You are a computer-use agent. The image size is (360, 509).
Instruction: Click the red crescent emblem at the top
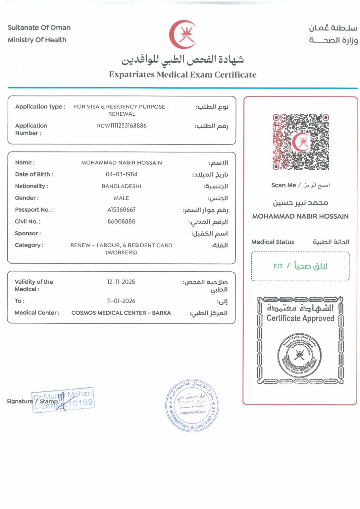click(x=182, y=34)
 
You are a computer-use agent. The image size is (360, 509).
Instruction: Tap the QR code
click(x=301, y=142)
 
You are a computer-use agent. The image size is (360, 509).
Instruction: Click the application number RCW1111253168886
click(x=122, y=126)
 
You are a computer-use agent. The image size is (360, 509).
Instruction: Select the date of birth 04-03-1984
click(x=122, y=174)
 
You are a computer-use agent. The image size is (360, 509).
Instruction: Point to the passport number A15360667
click(x=122, y=210)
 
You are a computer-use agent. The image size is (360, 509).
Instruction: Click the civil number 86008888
click(x=122, y=221)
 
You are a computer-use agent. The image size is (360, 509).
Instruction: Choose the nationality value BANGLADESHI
click(x=122, y=186)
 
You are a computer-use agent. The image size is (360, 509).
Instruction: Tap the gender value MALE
click(x=122, y=198)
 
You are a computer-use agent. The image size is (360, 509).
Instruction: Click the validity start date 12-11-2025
click(x=121, y=282)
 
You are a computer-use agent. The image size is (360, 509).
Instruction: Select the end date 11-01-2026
click(x=121, y=301)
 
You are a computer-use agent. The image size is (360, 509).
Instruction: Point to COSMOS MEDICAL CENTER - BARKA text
click(x=121, y=313)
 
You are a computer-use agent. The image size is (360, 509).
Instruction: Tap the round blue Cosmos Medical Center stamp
click(x=192, y=405)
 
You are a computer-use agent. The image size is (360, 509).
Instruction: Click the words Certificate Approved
click(x=300, y=318)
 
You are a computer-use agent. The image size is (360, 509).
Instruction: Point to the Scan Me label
click(x=283, y=185)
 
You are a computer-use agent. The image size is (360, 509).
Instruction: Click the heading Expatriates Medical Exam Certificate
click(x=183, y=75)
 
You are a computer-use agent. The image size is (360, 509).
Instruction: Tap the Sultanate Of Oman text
click(x=39, y=28)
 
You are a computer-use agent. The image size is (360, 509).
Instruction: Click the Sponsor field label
click(x=28, y=233)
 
